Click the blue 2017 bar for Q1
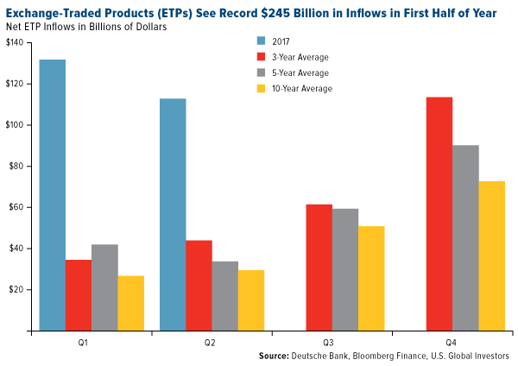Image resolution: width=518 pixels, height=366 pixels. (x=52, y=195)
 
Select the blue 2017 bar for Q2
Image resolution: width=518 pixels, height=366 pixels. (x=172, y=215)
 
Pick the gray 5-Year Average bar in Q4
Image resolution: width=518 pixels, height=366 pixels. (x=465, y=238)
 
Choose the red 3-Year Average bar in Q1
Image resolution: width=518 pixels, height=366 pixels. (x=79, y=295)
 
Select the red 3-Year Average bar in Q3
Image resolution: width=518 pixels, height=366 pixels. (x=319, y=268)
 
